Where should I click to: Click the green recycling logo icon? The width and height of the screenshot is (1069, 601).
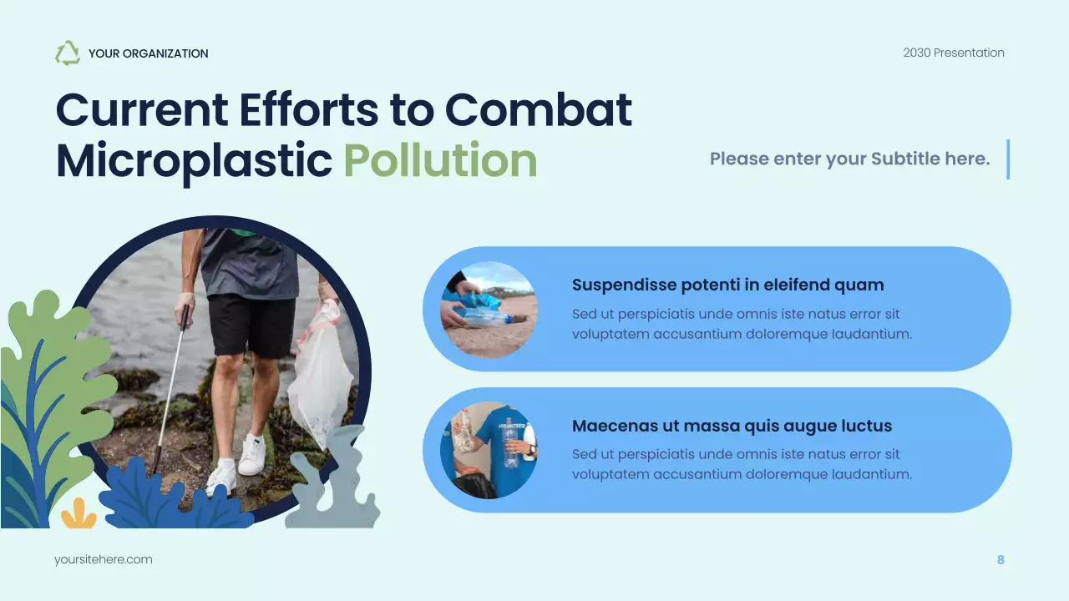pyautogui.click(x=68, y=53)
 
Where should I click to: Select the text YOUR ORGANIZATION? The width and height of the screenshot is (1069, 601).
pyautogui.click(x=148, y=53)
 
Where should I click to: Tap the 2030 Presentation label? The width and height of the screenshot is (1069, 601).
pyautogui.click(x=954, y=53)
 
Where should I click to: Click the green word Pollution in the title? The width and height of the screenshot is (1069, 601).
pyautogui.click(x=440, y=161)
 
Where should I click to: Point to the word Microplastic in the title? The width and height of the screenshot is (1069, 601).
pyautogui.click(x=194, y=161)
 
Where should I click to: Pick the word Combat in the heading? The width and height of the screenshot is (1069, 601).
pyautogui.click(x=538, y=109)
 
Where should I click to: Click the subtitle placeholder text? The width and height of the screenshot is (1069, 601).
pyautogui.click(x=849, y=159)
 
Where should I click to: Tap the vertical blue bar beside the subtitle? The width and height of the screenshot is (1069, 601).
pyautogui.click(x=1008, y=159)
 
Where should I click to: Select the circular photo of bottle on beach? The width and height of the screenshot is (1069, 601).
pyautogui.click(x=489, y=309)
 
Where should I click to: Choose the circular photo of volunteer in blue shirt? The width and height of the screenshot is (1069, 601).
pyautogui.click(x=489, y=451)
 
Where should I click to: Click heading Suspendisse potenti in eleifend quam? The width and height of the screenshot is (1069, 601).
pyautogui.click(x=727, y=285)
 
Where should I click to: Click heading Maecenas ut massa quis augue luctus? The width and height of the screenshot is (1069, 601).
pyautogui.click(x=732, y=426)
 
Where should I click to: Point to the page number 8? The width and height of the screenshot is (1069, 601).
pyautogui.click(x=1001, y=559)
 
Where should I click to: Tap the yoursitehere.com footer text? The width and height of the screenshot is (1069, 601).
pyautogui.click(x=104, y=559)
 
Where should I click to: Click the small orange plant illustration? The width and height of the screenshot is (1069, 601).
pyautogui.click(x=79, y=515)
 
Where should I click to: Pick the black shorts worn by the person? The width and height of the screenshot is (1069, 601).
pyautogui.click(x=251, y=326)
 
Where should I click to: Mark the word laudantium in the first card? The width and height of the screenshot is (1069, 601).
pyautogui.click(x=873, y=334)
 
